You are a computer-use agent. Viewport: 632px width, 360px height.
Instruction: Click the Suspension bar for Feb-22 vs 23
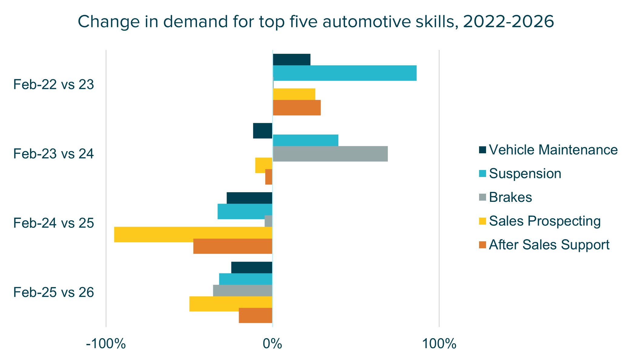[344, 73]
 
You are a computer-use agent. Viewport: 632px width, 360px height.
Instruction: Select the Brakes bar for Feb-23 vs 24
[330, 154]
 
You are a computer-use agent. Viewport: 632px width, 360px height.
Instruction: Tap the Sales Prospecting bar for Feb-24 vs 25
[193, 235]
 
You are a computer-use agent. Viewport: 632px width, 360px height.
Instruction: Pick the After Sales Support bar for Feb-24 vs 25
[233, 246]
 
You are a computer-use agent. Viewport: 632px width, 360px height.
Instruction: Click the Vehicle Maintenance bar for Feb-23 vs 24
[262, 131]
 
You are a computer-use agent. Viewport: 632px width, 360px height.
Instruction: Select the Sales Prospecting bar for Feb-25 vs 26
[231, 304]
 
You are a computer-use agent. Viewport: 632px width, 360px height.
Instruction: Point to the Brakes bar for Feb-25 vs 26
[242, 290]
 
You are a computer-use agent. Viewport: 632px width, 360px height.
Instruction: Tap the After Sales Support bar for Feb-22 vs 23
[297, 108]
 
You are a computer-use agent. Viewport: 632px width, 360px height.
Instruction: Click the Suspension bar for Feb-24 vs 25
[245, 212]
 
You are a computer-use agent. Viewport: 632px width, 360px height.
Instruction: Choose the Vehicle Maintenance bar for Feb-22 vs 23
[291, 60]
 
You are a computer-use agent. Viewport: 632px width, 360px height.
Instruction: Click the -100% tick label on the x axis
[106, 344]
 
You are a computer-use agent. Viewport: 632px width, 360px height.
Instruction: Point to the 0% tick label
[272, 344]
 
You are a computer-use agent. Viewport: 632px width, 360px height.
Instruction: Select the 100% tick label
[439, 344]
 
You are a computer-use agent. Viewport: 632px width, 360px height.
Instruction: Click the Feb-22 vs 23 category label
[54, 85]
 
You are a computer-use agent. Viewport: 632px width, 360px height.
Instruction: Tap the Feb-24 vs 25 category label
[54, 223]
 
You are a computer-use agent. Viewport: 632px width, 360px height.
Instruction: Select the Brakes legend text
[510, 197]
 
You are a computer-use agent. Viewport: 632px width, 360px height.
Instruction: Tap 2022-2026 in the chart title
[509, 22]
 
